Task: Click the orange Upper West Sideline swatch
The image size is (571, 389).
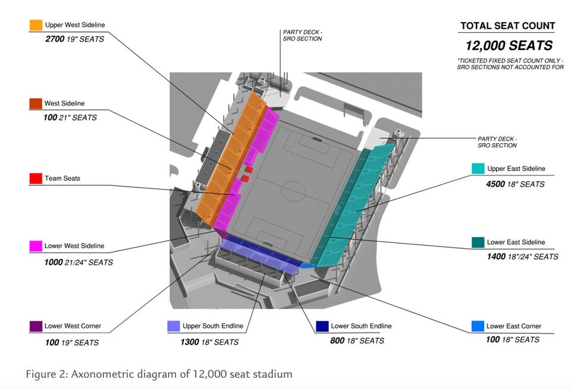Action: pos(36,25)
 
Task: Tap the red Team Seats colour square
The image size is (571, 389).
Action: pos(36,178)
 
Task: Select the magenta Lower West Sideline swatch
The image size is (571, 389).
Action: pos(36,246)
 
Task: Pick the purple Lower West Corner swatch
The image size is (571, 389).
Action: pos(36,326)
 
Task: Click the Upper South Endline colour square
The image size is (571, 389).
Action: pos(174,326)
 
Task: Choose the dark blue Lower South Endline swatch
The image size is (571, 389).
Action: pos(322,326)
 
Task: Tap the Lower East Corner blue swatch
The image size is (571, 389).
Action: pos(478,326)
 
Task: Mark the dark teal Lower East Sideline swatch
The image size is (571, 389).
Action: pos(478,242)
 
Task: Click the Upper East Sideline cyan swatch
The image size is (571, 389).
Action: pos(478,169)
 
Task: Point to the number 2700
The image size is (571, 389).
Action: pos(55,39)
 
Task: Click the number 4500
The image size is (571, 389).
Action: pos(497,184)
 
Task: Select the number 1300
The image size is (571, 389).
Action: pos(190,342)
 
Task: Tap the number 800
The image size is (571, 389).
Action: pos(337,341)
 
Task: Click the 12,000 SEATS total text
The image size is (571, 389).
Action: pos(509,46)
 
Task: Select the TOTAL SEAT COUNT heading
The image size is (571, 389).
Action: pos(507,26)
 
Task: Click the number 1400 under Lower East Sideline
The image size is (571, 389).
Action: pos(497,257)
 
